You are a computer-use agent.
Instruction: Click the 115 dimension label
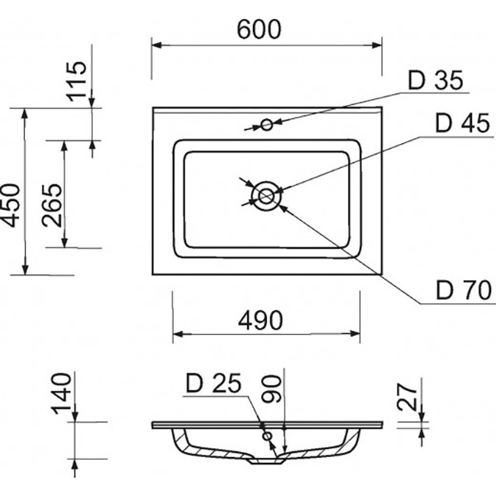76,81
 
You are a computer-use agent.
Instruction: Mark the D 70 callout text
464,290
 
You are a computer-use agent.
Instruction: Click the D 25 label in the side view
212,384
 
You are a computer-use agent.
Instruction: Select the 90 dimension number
274,389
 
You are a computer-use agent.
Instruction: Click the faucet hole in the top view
267,125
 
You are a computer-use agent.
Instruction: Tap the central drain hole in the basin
265,196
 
